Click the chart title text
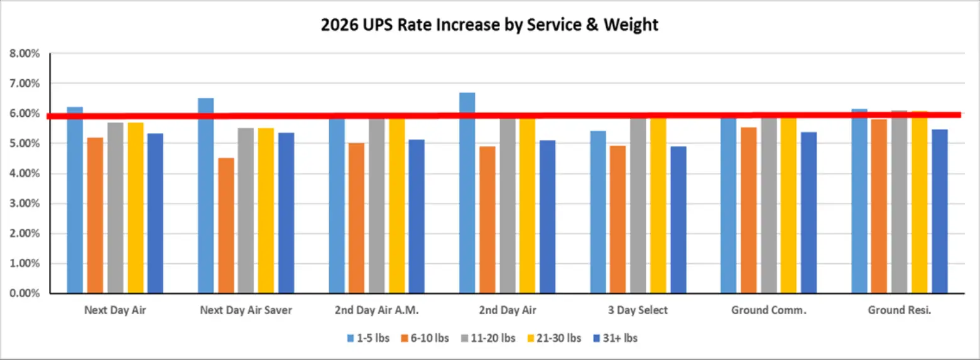(489, 25)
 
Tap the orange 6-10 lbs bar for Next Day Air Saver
(226, 226)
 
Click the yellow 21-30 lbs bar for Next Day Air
(135, 208)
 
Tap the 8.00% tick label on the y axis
(25, 54)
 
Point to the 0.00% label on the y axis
(25, 293)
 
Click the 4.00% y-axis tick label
(25, 174)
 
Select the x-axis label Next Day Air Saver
(246, 310)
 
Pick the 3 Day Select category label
(638, 310)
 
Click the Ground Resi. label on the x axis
(899, 310)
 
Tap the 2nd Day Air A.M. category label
(376, 310)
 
